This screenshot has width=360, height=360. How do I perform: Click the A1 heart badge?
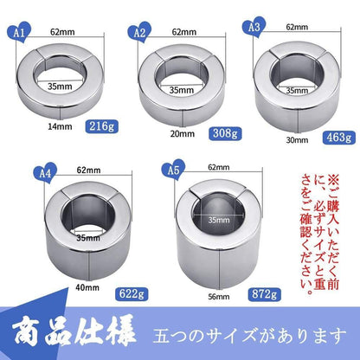(x=19, y=32)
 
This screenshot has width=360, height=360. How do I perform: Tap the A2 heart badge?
(x=139, y=33)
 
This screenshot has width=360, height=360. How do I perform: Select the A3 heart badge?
(x=254, y=27)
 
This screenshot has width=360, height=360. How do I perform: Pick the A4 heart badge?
(x=45, y=173)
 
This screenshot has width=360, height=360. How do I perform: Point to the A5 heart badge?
(x=173, y=170)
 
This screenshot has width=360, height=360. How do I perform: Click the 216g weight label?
(x=101, y=126)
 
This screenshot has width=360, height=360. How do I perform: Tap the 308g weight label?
(x=225, y=133)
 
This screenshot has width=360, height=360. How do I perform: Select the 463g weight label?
(x=339, y=138)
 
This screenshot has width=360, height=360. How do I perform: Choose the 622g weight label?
(x=132, y=294)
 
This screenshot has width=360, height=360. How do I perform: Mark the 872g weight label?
(x=264, y=294)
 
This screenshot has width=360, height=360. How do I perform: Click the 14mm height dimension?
(x=60, y=126)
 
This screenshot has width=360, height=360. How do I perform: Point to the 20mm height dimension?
(x=182, y=134)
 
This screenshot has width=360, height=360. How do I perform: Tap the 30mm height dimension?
(x=297, y=140)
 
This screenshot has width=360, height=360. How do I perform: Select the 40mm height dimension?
(x=87, y=287)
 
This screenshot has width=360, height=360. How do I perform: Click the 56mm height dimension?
(x=219, y=297)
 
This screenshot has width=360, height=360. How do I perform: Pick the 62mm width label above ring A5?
(x=219, y=167)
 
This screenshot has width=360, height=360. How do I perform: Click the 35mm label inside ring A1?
(x=60, y=87)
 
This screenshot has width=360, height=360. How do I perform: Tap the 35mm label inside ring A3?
(x=297, y=91)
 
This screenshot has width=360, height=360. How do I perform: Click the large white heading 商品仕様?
(x=74, y=334)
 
